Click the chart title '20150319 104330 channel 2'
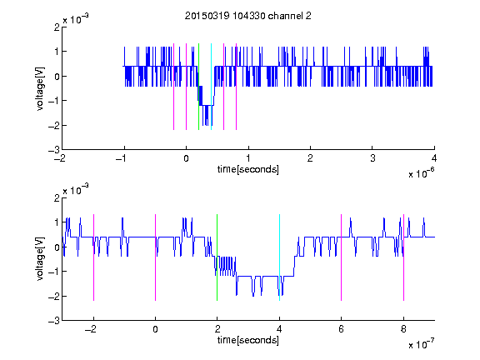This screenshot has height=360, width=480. pos(248,16)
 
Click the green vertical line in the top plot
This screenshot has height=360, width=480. pos(198,87)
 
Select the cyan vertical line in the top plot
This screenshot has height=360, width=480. pos(211,87)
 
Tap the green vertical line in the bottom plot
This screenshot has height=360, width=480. pos(217,257)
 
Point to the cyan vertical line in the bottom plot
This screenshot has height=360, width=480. pos(279,257)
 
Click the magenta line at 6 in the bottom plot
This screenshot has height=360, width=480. pos(342,257)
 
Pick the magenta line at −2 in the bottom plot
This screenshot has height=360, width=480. pos(93,257)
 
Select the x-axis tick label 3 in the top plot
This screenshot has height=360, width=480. pos(372,158)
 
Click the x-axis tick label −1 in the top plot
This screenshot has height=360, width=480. pos(122,158)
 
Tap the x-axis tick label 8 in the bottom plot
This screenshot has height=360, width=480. pos(403,329)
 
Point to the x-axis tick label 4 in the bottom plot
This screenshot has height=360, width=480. pos(279,329)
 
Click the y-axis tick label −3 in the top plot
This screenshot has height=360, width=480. pos(53,150)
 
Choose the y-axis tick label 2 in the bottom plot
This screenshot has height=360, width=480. pos(57,197)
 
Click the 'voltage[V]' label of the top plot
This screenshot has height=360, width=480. pos(40,89)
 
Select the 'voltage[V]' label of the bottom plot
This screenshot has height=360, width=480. pos(40,259)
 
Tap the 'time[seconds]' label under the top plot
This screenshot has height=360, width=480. pos(248,169)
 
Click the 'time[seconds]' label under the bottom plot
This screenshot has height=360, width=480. pos(248,340)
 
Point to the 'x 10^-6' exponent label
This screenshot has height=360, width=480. pos(422,173)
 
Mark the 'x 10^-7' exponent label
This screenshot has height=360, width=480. pos(422,344)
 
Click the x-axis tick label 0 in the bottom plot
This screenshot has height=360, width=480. pos(155,329)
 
